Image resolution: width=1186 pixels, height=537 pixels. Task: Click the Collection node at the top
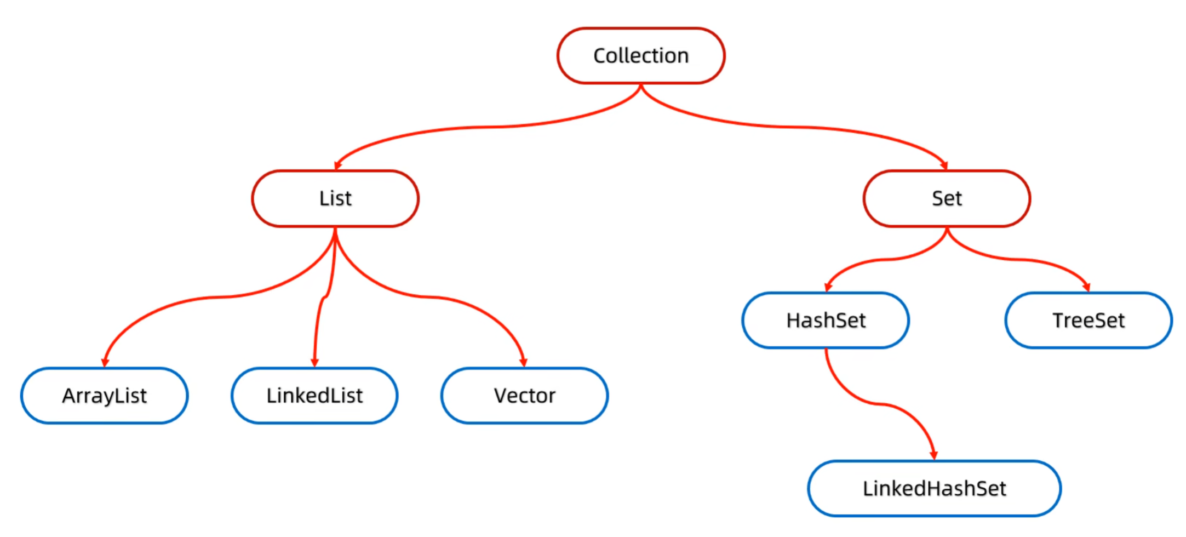[641, 56]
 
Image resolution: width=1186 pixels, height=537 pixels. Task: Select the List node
[335, 198]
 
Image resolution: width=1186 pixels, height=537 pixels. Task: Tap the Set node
[947, 198]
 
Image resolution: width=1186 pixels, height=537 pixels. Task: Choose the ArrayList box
[105, 396]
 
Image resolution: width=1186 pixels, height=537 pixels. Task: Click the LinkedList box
[314, 396]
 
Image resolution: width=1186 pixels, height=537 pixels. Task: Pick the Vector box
[524, 396]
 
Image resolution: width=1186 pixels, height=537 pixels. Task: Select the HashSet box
[826, 321]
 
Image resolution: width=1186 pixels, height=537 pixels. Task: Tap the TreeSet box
[1088, 321]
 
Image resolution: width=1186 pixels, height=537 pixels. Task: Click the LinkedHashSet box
[934, 488]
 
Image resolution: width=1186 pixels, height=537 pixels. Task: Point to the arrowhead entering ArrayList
[105, 362]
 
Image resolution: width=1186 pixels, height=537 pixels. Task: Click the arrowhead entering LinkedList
[314, 362]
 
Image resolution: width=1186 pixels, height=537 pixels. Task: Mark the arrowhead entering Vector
[524, 362]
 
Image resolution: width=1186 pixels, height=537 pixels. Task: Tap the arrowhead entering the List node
[337, 165]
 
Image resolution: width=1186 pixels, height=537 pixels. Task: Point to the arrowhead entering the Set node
[944, 165]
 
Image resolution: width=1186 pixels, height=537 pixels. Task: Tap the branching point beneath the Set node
[947, 230]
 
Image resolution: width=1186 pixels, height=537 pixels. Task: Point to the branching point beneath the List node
[335, 231]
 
